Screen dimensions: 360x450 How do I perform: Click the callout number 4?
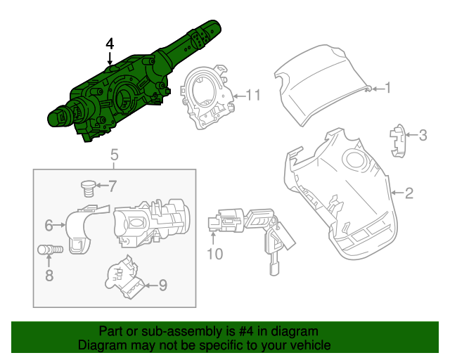coord(110,44)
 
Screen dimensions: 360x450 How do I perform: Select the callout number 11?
coord(253,95)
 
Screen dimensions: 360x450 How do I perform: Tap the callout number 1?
coord(386,88)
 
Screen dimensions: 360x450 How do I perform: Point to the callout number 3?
coord(423,134)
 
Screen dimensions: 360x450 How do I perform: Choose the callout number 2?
coord(409,192)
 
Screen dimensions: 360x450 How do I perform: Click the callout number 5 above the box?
coord(115,155)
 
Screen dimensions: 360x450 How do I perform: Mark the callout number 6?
coord(49,226)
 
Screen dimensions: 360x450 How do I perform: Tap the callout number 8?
coord(49,276)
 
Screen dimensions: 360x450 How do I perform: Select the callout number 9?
coord(162,285)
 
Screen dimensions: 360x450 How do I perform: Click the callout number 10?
coord(215,254)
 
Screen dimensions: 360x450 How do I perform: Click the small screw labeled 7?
coord(88,187)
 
